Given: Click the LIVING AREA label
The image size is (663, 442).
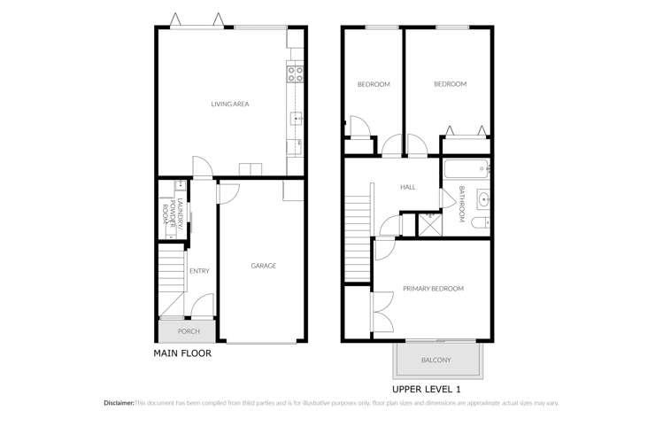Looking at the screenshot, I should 229,105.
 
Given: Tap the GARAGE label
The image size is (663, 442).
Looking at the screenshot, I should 263,266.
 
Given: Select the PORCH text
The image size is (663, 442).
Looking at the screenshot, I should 189,332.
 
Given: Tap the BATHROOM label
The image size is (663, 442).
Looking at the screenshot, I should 462,205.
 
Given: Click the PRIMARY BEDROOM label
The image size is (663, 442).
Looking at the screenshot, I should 433,289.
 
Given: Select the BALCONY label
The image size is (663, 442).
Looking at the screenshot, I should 436,360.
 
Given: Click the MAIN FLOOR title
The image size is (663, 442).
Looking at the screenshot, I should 182,353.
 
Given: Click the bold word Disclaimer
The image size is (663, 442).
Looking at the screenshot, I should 119,403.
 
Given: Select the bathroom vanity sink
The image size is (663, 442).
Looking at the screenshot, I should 482,198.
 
